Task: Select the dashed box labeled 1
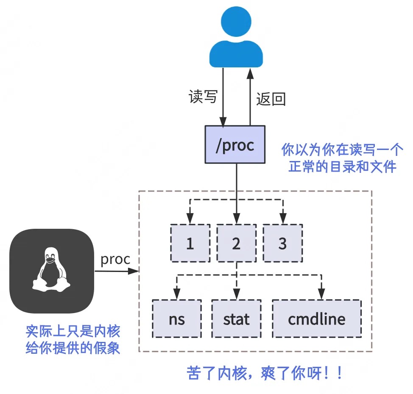(190, 243)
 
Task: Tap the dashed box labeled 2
(237, 243)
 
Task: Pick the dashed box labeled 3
(282, 243)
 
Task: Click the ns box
(177, 319)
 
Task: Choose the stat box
(237, 319)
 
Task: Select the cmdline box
(317, 319)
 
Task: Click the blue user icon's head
(236, 25)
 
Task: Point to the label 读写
(203, 97)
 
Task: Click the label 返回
(271, 99)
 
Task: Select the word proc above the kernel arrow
(115, 259)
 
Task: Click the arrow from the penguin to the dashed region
(117, 271)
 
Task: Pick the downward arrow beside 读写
(223, 97)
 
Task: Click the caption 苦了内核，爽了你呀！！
(265, 374)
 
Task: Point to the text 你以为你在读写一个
(343, 150)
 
